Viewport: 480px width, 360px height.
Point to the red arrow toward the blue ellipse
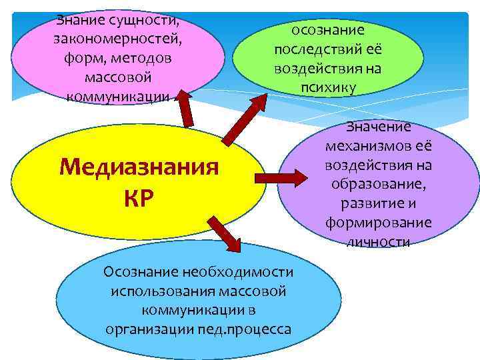click(225, 233)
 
